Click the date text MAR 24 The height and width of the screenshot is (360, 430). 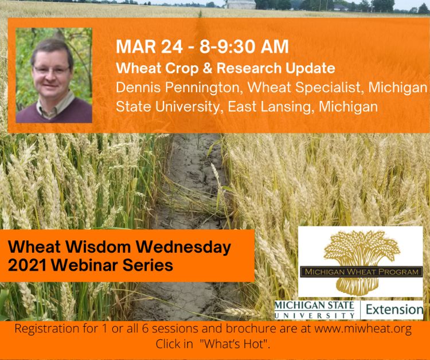149,46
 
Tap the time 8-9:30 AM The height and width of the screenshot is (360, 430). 244,46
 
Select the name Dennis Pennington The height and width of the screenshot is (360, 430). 178,88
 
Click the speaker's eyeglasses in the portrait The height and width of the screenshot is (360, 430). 51,69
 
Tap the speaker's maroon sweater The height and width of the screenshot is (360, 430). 54,111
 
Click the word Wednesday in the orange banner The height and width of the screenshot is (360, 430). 183,247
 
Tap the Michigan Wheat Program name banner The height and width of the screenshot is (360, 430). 361,272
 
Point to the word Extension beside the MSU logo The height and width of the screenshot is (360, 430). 394,310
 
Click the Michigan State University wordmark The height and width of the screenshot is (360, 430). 314,310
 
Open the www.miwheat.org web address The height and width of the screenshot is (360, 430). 363,328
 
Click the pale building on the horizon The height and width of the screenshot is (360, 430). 241,5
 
